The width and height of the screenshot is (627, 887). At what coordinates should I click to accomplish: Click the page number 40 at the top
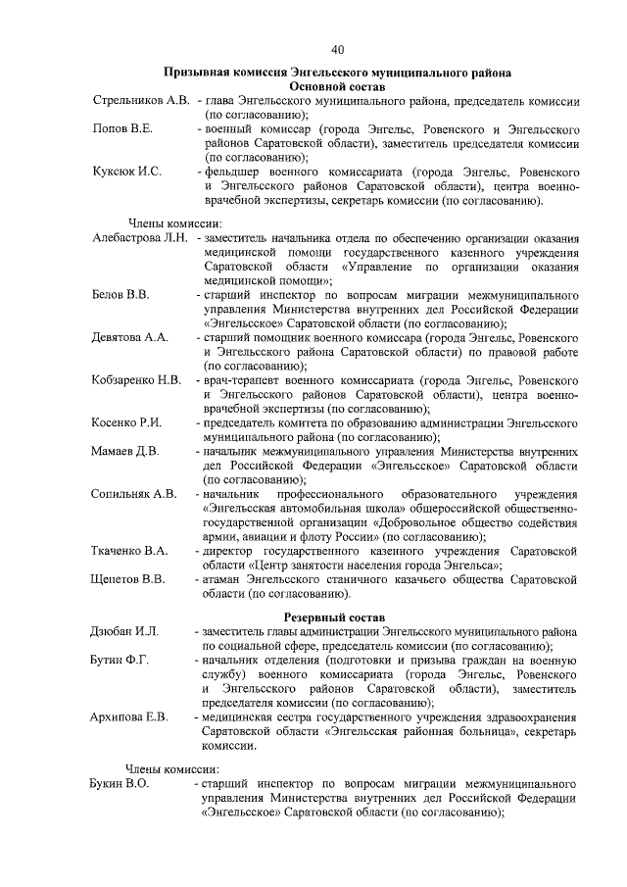click(x=337, y=49)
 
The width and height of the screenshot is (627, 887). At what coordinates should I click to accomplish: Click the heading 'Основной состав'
click(x=337, y=87)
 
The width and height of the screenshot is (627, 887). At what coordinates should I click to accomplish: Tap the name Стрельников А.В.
click(x=141, y=101)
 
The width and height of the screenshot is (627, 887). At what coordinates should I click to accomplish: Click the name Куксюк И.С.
click(x=127, y=171)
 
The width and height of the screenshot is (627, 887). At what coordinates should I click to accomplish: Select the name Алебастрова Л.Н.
click(x=140, y=239)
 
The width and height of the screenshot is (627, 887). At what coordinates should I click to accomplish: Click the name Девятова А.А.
click(x=130, y=336)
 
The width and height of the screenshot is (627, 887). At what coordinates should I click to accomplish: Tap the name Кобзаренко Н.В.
click(x=136, y=379)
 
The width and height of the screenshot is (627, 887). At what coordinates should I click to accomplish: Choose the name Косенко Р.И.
click(x=127, y=421)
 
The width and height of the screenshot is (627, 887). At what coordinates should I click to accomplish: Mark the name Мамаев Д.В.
click(x=126, y=450)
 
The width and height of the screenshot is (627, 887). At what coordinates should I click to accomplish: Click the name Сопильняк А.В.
click(x=134, y=493)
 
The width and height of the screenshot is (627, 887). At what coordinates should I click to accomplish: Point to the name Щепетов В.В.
click(x=128, y=578)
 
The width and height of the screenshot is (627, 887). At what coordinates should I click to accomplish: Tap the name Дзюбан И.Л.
click(x=125, y=632)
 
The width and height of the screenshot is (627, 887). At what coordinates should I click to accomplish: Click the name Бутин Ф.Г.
click(x=121, y=661)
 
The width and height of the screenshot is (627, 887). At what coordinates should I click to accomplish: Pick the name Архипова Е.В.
click(x=130, y=717)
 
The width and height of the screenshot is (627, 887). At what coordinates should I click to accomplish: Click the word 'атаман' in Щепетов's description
click(x=224, y=578)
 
